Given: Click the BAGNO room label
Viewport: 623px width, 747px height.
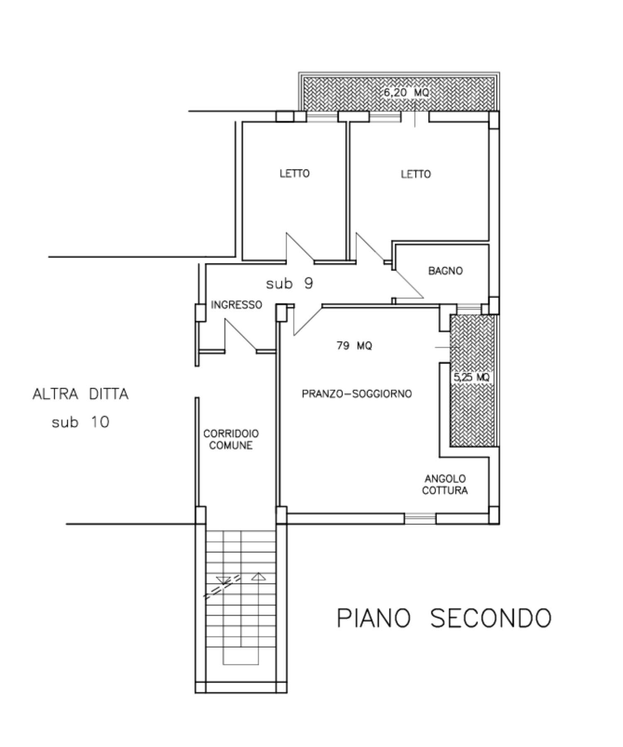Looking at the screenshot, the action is pos(445,271).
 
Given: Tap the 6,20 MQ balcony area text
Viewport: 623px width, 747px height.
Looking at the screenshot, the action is pos(406,93).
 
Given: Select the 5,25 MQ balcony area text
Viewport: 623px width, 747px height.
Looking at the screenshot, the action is pos(471,377).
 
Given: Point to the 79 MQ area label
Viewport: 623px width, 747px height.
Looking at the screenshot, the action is pos(354,345).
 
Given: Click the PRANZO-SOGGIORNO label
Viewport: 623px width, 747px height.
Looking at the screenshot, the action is pos(357,393).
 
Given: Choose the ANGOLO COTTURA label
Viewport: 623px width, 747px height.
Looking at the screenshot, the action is pos(445,485).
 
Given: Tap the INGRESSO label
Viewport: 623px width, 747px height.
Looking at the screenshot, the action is pos(236,305).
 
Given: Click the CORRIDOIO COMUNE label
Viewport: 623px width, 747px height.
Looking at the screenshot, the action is pos(231,439).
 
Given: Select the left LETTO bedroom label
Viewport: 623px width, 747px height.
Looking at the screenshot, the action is pos(294,173).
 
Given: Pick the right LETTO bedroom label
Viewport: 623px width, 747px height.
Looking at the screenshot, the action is pos(416,174).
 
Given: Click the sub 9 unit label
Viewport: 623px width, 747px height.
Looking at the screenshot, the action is pos(289,283).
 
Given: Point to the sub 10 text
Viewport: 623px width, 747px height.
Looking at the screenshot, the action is pos(80,422).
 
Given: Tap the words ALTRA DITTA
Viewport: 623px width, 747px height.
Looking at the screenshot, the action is pos(81,394).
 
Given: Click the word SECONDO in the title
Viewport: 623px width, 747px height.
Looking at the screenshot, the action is pos(491,618).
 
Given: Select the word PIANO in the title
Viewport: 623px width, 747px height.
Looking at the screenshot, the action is pos(373,618).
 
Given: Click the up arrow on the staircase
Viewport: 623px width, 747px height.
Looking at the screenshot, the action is pos(258,576).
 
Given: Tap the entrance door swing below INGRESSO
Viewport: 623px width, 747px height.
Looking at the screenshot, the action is pos(240,335).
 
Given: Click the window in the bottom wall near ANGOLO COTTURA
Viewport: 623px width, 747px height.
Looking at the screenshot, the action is pos(420,518).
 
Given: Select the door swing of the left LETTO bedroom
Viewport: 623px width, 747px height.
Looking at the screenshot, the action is pos(300,248).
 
